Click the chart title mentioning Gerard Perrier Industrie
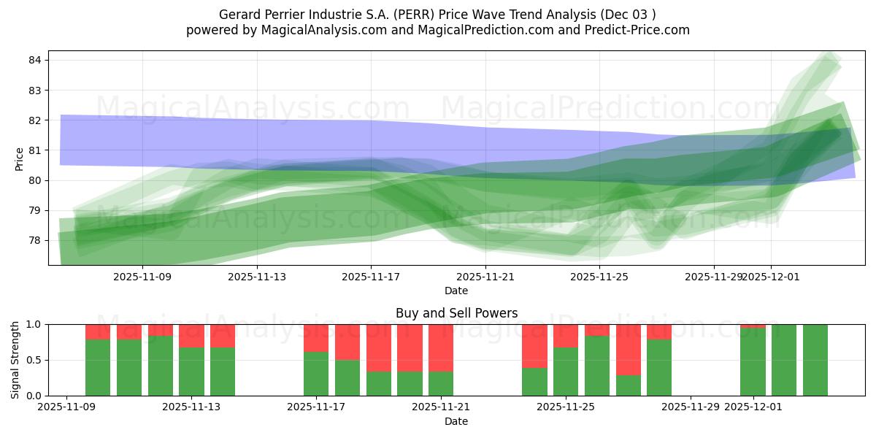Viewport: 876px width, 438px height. click(437, 15)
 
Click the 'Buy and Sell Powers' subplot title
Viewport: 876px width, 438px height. click(456, 313)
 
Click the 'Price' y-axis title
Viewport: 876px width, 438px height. click(20, 158)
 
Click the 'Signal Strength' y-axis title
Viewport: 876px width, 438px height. click(15, 360)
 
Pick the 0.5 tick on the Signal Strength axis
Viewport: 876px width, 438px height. click(34, 360)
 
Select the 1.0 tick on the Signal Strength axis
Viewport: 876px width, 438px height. click(34, 324)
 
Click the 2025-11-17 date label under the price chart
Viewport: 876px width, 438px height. click(371, 277)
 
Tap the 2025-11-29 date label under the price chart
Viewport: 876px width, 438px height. click(714, 277)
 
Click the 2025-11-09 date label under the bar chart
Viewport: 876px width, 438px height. click(66, 407)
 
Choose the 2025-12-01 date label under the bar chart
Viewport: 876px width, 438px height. click(753, 407)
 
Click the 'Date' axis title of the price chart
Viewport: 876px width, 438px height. click(456, 291)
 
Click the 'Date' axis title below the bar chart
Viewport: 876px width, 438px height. click(456, 421)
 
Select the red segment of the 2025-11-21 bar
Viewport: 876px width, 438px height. click(441, 347)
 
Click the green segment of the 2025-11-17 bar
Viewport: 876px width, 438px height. click(316, 374)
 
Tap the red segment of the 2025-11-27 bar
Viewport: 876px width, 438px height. click(628, 349)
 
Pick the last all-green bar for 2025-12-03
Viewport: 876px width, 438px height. click(815, 360)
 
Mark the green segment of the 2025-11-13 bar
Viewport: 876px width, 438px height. click(191, 372)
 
